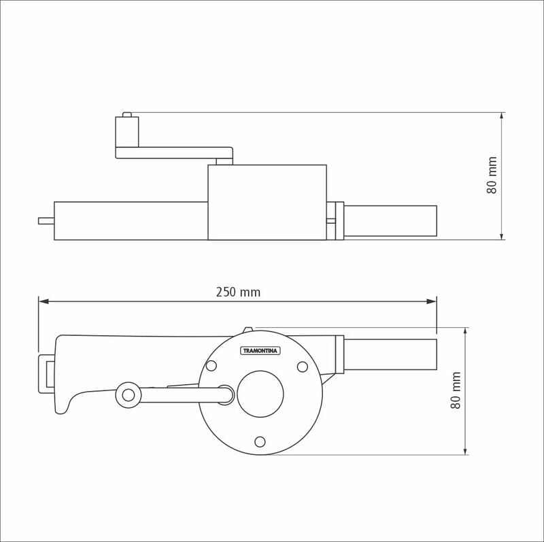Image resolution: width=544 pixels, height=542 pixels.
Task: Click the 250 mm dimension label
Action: coord(238,292)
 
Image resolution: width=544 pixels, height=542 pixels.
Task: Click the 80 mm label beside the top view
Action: coord(492,175)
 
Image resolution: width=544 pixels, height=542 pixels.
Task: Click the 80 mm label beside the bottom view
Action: coord(456,390)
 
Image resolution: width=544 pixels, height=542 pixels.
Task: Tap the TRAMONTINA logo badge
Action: coord(260,351)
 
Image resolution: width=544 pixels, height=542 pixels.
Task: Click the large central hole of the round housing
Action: coord(260,394)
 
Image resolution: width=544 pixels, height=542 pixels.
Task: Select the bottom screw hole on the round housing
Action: coord(260,442)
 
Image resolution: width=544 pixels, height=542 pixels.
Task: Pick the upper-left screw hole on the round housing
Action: coord(211,366)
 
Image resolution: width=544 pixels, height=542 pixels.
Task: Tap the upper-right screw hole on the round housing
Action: coord(303,367)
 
